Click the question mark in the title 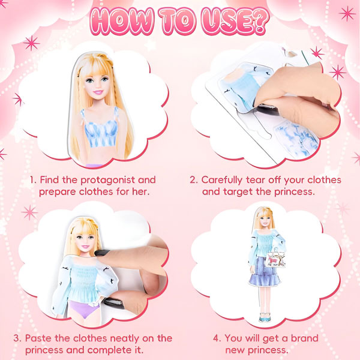coord(260,21)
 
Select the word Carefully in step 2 coord(221,181)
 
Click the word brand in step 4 coord(304,338)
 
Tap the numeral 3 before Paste coord(17,338)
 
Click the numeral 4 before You coord(216,338)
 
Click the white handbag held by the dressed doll coord(275,259)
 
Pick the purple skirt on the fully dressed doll coord(264,271)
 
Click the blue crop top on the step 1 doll coord(100,129)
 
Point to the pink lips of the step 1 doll coord(98,92)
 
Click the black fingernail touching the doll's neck coord(102,253)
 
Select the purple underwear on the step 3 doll coord(84,309)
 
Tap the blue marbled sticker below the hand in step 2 coord(296,138)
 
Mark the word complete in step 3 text coord(109,350)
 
